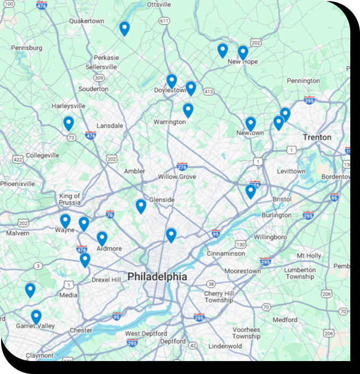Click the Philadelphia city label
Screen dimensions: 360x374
tap(157, 277)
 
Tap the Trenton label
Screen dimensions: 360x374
tap(317, 137)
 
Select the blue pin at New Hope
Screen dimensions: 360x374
tap(243, 52)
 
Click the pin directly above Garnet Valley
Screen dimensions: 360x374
tap(36, 316)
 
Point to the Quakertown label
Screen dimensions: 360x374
tap(86, 21)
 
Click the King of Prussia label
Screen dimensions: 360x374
tap(70, 199)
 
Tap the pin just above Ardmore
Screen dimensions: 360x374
tap(102, 238)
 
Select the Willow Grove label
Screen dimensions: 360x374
tap(177, 177)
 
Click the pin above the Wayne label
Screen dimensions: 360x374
tap(65, 220)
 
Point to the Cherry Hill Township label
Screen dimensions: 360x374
tap(218, 296)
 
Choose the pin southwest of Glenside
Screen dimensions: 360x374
tap(141, 206)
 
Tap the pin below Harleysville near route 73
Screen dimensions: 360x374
tap(68, 123)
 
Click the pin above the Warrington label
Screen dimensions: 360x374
tap(188, 110)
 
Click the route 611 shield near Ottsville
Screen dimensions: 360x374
tap(164, 20)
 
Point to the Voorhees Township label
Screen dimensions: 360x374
tap(246, 333)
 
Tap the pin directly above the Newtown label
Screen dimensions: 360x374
tap(251, 123)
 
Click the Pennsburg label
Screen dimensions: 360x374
tap(26, 48)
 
